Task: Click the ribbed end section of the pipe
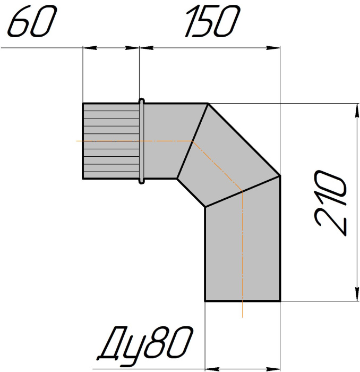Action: coord(111,141)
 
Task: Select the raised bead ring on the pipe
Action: coord(142,141)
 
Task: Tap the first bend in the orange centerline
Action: coord(192,141)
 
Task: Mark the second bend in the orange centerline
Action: coord(242,191)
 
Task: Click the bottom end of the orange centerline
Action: coord(242,317)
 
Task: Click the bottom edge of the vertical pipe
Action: coord(242,301)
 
